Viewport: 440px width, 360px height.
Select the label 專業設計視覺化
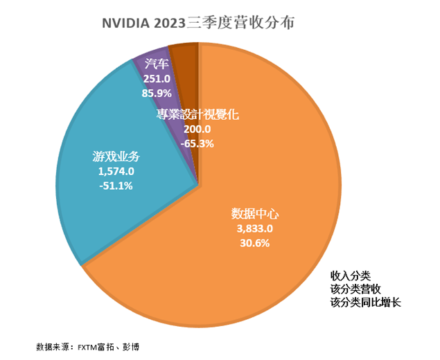(x=197, y=115)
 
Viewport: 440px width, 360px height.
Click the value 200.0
(x=197, y=129)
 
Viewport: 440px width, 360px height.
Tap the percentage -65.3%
(x=197, y=144)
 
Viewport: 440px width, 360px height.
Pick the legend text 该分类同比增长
(x=365, y=303)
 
